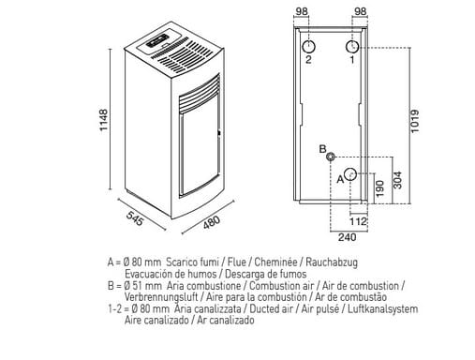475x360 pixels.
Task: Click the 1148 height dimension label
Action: click(x=104, y=120)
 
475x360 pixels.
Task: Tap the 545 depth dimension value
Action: click(x=135, y=218)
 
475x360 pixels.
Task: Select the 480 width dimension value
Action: click(x=212, y=221)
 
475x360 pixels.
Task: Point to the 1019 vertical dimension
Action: click(x=415, y=121)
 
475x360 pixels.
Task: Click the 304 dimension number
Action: click(x=397, y=180)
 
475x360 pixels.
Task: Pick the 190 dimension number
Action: click(x=379, y=188)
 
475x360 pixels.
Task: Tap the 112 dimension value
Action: click(x=358, y=221)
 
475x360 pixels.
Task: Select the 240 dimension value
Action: click(x=347, y=237)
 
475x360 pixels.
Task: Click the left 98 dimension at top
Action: click(x=302, y=11)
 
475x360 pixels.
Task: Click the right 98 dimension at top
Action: click(x=361, y=11)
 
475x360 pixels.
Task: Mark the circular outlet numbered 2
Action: click(x=308, y=47)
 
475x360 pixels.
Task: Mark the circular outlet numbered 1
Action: click(x=352, y=47)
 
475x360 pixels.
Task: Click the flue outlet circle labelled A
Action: click(x=350, y=174)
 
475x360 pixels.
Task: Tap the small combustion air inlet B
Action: click(x=331, y=157)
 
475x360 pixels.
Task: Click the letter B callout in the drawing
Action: click(x=322, y=149)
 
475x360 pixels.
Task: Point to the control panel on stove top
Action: click(x=157, y=40)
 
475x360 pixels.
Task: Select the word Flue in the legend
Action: click(x=237, y=262)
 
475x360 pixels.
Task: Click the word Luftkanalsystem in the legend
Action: click(x=383, y=309)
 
